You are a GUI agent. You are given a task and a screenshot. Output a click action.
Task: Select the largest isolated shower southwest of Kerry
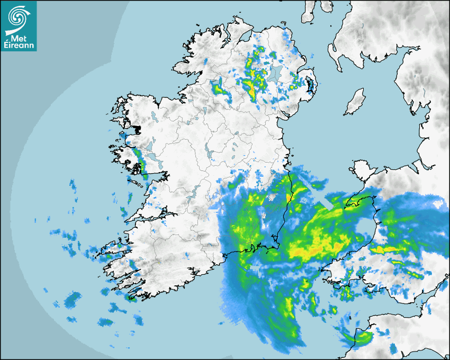(x=73, y=300)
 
